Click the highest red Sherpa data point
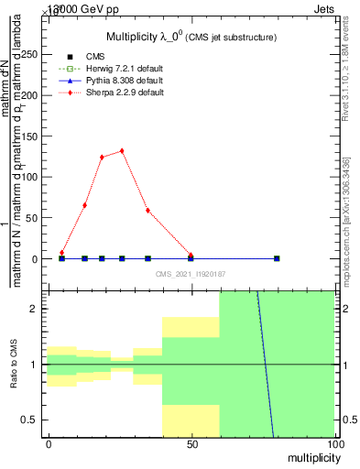tap(122, 151)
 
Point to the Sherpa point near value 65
tap(84, 205)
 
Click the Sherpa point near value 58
tap(147, 211)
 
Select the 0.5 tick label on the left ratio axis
tap(32, 420)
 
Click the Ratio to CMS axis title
tap(15, 365)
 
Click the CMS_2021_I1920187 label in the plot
tap(191, 273)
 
